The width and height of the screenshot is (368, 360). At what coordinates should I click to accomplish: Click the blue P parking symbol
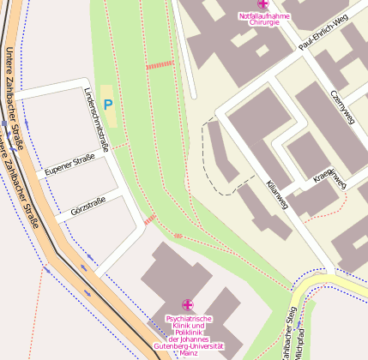[108, 105]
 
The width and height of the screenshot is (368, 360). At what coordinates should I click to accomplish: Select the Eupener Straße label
[69, 163]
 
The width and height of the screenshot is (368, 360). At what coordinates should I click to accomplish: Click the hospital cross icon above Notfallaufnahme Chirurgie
[262, 4]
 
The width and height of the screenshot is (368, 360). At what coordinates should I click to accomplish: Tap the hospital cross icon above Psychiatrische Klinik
[187, 304]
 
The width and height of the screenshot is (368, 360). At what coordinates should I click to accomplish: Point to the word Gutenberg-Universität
[187, 345]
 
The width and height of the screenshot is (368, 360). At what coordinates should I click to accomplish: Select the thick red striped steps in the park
[160, 64]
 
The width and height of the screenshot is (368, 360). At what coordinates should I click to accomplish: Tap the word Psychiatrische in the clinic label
[187, 318]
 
